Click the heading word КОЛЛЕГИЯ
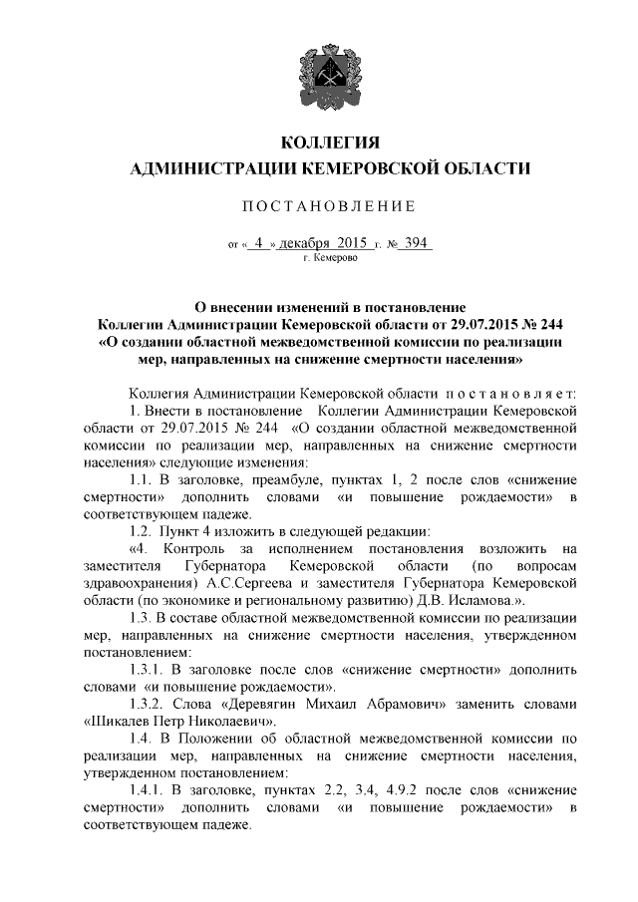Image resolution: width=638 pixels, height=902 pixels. pos(318,140)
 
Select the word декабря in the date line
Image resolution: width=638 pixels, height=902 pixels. pos(308,243)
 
